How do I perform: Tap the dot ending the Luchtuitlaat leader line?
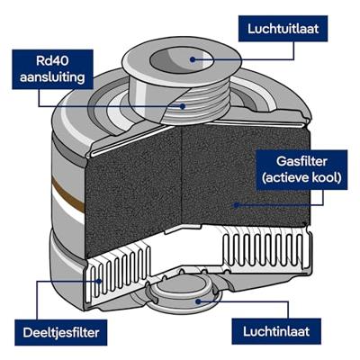point(193,58)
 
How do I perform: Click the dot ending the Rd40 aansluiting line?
point(184,105)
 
